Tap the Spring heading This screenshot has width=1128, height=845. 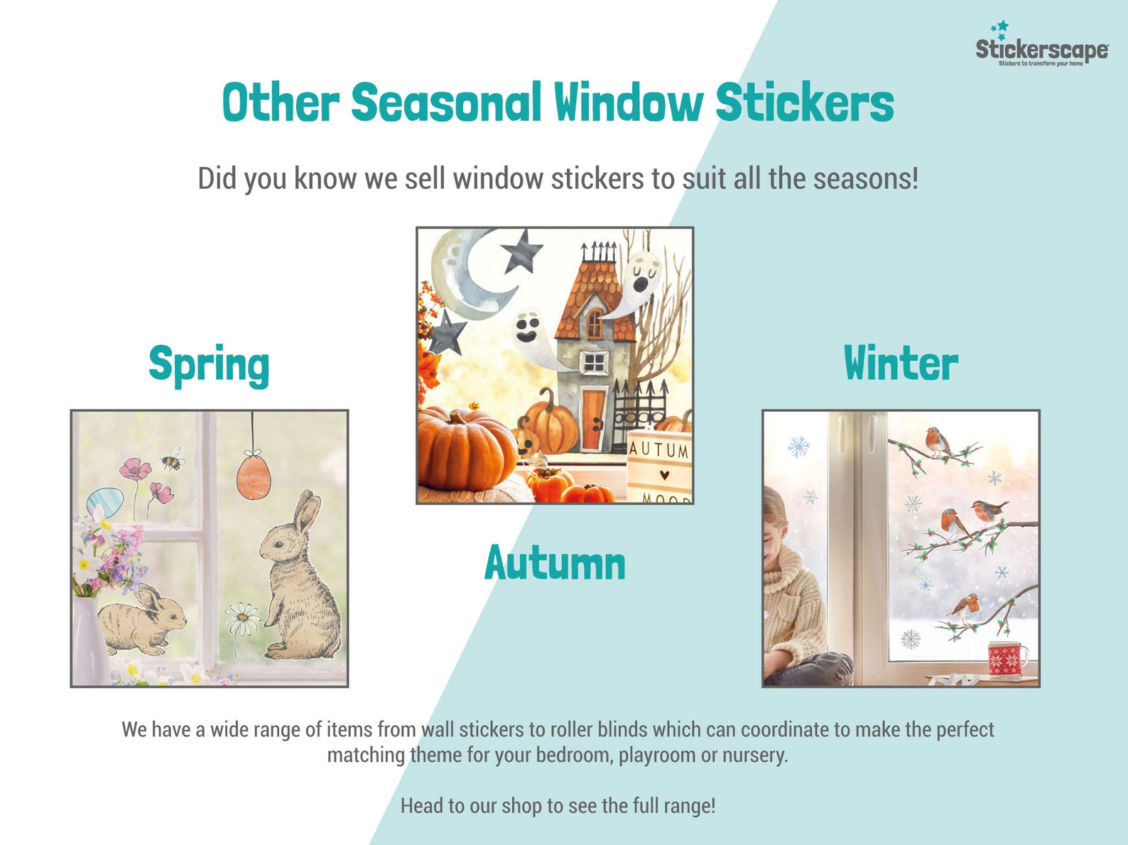tap(209, 364)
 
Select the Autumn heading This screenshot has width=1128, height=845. tap(555, 564)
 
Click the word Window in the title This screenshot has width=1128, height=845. tap(628, 103)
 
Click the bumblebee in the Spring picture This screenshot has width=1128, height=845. tap(171, 462)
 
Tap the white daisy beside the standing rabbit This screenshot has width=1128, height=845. tap(243, 619)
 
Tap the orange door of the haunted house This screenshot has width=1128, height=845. tap(593, 420)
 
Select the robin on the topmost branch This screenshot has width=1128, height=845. tap(937, 441)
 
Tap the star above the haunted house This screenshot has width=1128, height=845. tap(521, 251)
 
